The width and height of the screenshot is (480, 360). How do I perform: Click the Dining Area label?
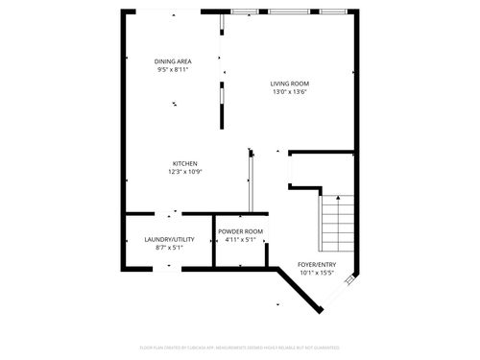tap(172, 60)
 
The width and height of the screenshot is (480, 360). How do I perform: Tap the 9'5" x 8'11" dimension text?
tap(172, 69)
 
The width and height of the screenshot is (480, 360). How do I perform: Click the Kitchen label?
tap(185, 163)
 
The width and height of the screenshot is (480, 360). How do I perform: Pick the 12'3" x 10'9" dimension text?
tap(185, 172)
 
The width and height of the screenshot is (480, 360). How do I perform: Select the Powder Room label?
tap(240, 231)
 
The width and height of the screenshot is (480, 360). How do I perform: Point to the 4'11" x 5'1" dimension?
tap(240, 240)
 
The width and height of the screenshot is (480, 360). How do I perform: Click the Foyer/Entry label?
tap(317, 264)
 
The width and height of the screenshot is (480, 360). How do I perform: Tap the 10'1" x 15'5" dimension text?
tap(317, 273)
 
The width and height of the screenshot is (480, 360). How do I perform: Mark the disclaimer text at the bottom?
tap(240, 347)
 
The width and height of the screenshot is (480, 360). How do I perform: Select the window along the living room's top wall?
tap(289, 12)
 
